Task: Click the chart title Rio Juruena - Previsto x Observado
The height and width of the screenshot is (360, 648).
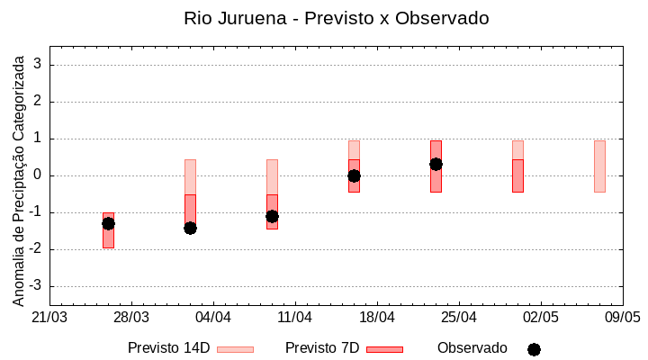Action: click(336, 18)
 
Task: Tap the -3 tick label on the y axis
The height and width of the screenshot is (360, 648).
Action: click(37, 286)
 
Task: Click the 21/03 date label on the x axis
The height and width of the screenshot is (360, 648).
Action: click(49, 317)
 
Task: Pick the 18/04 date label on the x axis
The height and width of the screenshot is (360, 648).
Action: click(377, 317)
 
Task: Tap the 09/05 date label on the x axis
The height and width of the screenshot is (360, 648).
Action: click(622, 317)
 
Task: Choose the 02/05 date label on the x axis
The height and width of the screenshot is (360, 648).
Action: click(540, 317)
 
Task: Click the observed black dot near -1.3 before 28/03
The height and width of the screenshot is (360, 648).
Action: click(108, 223)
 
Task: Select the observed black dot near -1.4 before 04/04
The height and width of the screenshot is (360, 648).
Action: click(190, 228)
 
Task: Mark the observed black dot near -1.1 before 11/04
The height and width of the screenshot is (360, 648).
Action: click(272, 216)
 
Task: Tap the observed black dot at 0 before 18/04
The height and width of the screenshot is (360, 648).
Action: click(354, 175)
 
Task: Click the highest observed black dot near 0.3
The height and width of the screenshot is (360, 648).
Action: click(436, 164)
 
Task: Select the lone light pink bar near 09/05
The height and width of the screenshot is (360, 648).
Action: click(599, 166)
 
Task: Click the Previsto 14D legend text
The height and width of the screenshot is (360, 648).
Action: click(168, 348)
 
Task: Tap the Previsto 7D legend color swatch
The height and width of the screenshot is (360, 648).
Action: click(384, 349)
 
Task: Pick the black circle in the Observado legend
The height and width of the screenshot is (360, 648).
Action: click(534, 349)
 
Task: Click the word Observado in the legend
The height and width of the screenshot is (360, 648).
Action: click(472, 348)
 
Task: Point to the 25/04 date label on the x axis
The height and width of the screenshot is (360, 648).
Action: click(459, 317)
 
